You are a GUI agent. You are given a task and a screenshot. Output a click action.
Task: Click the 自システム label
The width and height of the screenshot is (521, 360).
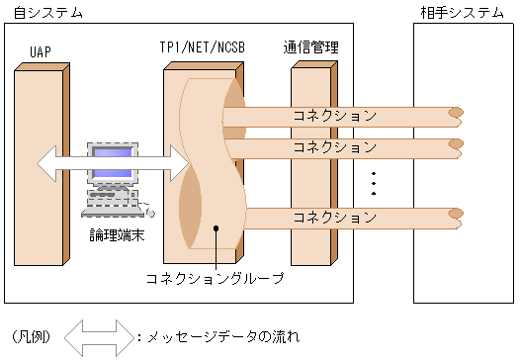(x=48, y=13)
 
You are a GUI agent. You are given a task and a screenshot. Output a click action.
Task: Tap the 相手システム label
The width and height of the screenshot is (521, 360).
(x=463, y=13)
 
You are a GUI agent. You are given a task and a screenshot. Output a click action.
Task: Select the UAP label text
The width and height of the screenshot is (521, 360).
(x=41, y=51)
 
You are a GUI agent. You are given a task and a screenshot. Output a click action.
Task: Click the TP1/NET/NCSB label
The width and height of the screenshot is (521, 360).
(x=202, y=47)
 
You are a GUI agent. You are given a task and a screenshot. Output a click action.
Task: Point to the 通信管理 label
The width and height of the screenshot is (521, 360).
(x=311, y=47)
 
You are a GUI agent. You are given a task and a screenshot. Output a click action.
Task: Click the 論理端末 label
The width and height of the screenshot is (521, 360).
(x=117, y=234)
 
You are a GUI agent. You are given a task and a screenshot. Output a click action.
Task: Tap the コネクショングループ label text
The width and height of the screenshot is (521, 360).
(x=216, y=278)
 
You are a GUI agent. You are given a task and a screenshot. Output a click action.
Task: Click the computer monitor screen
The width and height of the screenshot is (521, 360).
(x=113, y=163)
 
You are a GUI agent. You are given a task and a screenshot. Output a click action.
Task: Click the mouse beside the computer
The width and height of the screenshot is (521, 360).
(x=150, y=213)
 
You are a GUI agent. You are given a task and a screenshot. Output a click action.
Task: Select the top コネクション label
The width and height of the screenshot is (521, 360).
(x=334, y=116)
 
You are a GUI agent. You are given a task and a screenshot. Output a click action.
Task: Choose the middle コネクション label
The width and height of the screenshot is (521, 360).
(x=334, y=146)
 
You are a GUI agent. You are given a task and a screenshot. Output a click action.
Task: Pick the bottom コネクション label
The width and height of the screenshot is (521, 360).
(x=334, y=217)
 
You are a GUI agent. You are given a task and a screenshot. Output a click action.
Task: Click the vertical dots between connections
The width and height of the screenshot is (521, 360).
(x=374, y=183)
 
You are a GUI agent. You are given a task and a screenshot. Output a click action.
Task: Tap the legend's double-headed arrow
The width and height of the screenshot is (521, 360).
(x=99, y=338)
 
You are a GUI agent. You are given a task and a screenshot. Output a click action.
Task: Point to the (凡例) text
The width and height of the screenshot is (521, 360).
(x=31, y=337)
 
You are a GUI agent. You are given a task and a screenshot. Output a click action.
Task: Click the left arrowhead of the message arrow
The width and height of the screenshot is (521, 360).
(x=46, y=163)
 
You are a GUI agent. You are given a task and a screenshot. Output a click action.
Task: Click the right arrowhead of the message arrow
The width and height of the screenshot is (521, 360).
(x=180, y=163)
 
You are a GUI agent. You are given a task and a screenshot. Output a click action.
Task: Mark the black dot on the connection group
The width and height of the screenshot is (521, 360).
(x=216, y=228)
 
